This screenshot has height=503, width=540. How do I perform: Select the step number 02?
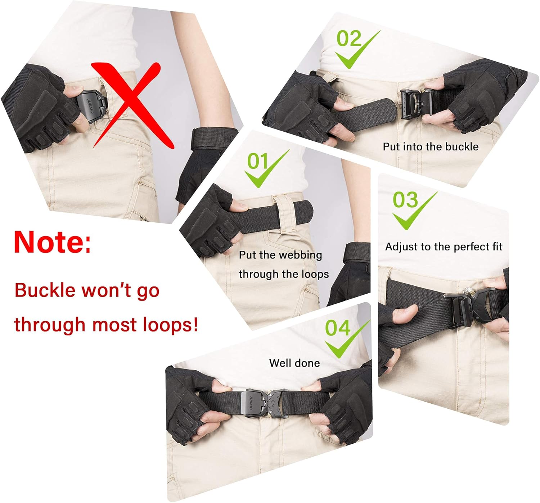point(348,38)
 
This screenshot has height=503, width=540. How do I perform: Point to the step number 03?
point(405,200)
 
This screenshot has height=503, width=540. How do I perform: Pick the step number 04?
point(337,328)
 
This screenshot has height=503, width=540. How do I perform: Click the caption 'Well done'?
point(294,363)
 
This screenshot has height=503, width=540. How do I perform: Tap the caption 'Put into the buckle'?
point(431,146)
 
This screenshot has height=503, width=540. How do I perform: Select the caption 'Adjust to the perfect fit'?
point(444,246)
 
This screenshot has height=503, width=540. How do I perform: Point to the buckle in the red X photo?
point(92,106)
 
